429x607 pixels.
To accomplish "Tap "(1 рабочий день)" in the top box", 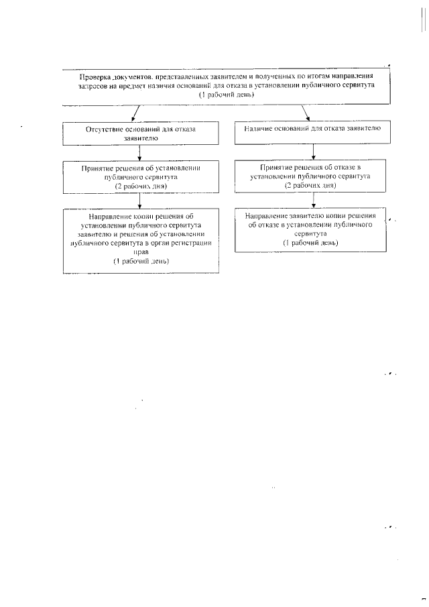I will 226,96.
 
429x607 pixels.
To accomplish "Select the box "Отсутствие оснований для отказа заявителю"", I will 141,132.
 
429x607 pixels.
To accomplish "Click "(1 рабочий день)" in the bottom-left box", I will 141,261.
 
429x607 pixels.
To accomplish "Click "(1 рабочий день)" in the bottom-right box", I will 310,242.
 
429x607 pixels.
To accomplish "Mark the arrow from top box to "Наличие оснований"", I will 302,113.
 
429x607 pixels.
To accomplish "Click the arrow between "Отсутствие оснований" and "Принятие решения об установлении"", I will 139,152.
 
